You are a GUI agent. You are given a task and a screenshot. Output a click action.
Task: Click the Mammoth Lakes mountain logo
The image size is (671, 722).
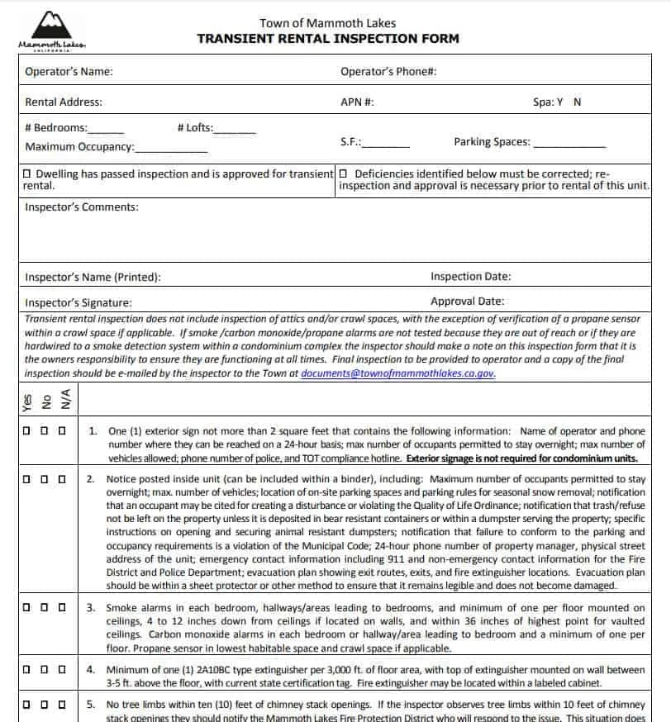[x=51, y=31]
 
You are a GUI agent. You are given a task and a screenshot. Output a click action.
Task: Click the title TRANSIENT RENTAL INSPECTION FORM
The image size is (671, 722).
[x=327, y=39]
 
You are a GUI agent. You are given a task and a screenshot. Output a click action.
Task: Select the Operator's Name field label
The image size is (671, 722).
[x=69, y=72]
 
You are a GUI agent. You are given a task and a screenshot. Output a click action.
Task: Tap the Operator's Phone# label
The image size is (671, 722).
[x=388, y=72]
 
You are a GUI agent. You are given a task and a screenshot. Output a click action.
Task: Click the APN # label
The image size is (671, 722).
[x=357, y=102]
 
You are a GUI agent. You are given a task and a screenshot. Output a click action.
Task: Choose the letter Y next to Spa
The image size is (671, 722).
[x=559, y=102]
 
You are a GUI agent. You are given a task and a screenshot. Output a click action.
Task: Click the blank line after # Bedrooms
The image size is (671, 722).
[x=106, y=131]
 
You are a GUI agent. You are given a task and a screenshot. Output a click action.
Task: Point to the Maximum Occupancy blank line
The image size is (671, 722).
[x=171, y=150]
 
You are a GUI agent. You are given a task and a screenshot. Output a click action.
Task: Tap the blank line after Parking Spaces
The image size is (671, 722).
[x=569, y=145]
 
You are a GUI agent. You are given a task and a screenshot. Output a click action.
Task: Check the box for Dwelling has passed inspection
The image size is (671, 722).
[x=28, y=174]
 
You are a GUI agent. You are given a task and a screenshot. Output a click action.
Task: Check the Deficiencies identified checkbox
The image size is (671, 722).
[x=344, y=174]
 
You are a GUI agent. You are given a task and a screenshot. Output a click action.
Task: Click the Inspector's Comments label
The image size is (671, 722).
[x=82, y=207]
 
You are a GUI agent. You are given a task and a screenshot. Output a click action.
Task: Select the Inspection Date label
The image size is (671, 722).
[x=470, y=277]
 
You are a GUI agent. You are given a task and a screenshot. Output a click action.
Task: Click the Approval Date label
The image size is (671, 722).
[x=467, y=302]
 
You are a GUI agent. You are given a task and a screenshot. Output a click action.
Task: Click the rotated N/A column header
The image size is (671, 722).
[x=64, y=401]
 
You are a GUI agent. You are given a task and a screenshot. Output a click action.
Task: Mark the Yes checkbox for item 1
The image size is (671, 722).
[x=27, y=431]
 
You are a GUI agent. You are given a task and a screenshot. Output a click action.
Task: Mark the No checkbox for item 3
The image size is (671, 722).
[x=45, y=608]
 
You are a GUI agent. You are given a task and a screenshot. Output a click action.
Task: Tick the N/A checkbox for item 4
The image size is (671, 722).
[x=62, y=669]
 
